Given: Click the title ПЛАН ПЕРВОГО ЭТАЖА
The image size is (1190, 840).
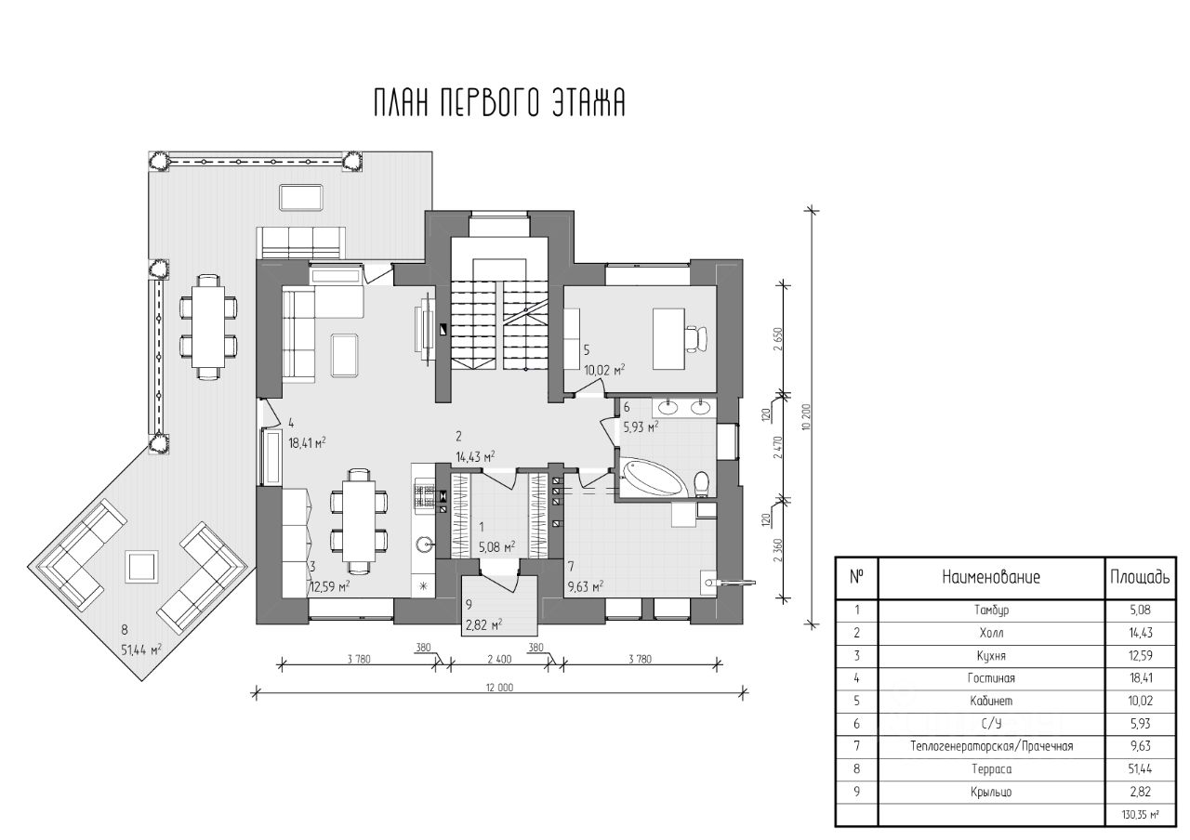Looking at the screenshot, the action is (x=499, y=103).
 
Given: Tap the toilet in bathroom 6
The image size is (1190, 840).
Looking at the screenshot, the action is (x=701, y=484).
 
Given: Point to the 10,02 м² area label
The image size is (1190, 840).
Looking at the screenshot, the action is (x=604, y=370).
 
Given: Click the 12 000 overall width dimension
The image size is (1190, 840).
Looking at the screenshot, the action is (x=499, y=688).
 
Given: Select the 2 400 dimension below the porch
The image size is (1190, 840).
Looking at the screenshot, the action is (x=499, y=659).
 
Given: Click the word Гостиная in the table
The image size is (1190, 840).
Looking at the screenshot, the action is (x=991, y=678).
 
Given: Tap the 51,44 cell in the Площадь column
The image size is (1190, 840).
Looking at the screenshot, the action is (x=1140, y=768).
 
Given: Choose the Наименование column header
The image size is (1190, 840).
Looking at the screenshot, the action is (x=991, y=577).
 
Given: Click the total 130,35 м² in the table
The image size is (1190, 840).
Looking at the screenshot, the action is (x=1140, y=814).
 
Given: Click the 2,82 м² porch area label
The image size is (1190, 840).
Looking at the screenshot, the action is (x=484, y=625).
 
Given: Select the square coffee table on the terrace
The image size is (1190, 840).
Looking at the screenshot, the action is (x=141, y=567).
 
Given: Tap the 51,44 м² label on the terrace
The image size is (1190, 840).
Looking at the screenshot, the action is (x=141, y=650).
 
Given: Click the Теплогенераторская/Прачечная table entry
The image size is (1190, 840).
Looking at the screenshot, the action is (x=991, y=746).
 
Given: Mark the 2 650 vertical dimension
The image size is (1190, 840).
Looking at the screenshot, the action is (x=778, y=339).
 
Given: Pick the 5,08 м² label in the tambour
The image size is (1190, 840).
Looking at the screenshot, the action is (x=496, y=547).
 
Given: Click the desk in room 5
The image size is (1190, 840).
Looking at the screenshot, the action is (x=668, y=339).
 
